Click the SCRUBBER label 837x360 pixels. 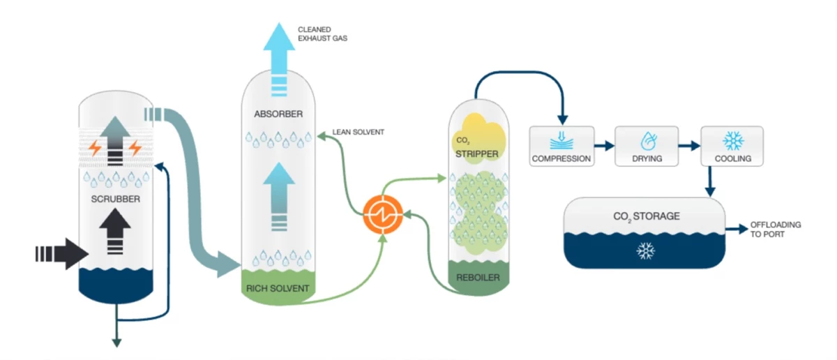(x=116, y=200)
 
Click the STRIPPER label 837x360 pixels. (x=478, y=153)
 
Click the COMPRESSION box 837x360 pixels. (x=561, y=146)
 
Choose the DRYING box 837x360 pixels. (x=647, y=146)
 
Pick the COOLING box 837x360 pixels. (x=732, y=146)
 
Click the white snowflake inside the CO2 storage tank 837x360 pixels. (x=646, y=250)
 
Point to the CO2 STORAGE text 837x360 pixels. (x=645, y=216)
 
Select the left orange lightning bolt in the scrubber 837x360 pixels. (x=93, y=148)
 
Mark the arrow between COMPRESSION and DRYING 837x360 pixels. (x=604, y=147)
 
